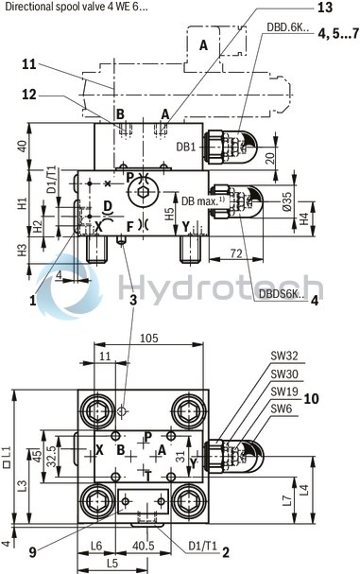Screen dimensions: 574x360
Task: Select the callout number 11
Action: point(28,64)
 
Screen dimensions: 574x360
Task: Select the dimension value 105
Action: point(147,339)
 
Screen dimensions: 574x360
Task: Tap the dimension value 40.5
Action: point(145,546)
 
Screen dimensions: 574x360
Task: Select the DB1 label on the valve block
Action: point(186,147)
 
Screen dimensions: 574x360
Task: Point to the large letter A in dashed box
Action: point(204,44)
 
